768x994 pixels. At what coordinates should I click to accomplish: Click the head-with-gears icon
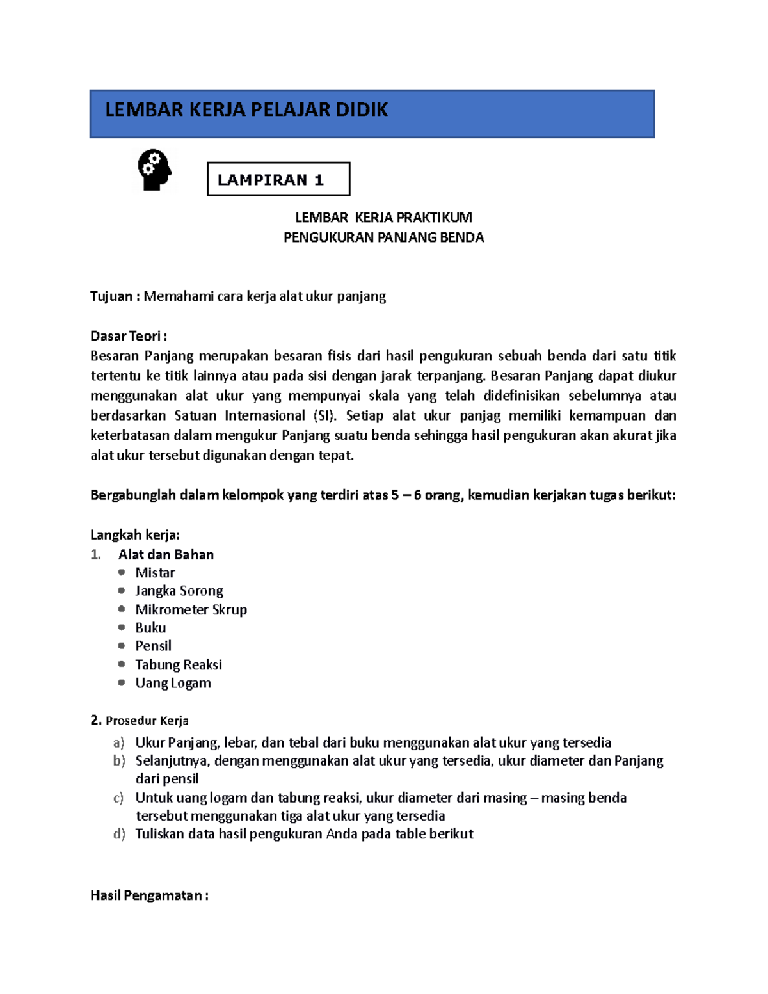click(x=154, y=170)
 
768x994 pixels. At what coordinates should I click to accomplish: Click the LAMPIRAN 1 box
click(x=278, y=179)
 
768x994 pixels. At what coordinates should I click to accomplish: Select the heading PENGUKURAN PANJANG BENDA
click(x=383, y=237)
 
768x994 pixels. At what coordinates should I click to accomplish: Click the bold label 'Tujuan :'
click(x=115, y=296)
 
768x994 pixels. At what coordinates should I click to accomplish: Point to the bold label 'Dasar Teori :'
click(x=128, y=336)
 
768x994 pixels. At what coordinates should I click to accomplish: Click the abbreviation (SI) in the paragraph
click(x=325, y=415)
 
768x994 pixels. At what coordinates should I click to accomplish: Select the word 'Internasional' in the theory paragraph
click(x=264, y=415)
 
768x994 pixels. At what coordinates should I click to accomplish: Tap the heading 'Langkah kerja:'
click(x=135, y=535)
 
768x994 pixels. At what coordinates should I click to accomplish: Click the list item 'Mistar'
click(x=155, y=573)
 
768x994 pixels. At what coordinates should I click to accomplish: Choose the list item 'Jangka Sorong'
click(x=179, y=591)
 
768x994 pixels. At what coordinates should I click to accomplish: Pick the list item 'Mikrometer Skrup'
click(x=191, y=609)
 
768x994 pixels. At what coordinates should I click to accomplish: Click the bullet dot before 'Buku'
click(x=122, y=627)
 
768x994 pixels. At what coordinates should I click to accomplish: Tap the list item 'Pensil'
click(x=153, y=646)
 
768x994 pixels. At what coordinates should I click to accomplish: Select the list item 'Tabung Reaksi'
click(x=179, y=664)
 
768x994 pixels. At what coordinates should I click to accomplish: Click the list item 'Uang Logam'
click(x=173, y=683)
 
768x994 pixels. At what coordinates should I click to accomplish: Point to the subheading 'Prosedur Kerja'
click(x=147, y=721)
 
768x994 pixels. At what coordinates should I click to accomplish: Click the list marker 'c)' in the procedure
click(x=118, y=798)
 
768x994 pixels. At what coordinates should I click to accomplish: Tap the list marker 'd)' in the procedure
click(x=119, y=834)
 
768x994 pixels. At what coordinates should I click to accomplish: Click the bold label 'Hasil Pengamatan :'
click(x=149, y=895)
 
